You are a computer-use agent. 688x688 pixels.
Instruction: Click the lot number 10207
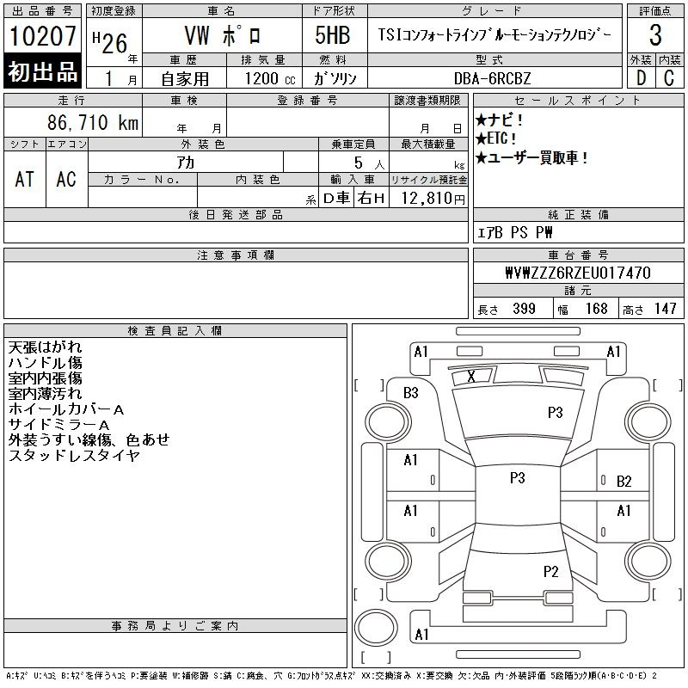[x=42, y=35]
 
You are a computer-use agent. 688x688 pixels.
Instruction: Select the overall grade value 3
[x=655, y=34]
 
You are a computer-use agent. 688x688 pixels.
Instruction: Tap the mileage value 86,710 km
[x=93, y=122]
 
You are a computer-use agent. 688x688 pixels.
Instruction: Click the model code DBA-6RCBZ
[x=492, y=78]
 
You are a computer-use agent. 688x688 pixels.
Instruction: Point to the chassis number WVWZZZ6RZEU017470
[x=578, y=273]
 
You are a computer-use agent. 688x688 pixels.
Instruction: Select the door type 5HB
[x=333, y=35]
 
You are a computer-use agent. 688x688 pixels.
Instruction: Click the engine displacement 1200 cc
[x=270, y=78]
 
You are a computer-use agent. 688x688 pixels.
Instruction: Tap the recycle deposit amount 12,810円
[x=433, y=199]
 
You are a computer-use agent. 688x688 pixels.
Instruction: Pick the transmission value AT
[x=24, y=179]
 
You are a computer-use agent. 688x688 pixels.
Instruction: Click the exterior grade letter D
[x=641, y=78]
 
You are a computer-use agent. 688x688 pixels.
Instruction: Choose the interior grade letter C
[x=669, y=78]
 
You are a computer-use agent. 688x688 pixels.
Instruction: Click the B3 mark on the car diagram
[x=411, y=393]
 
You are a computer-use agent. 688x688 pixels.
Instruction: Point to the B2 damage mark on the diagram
[x=624, y=482]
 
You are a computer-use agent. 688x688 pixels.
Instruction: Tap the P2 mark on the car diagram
[x=550, y=572]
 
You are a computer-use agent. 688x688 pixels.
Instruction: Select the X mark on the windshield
[x=471, y=376]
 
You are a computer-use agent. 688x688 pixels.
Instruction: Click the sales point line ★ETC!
[x=496, y=138]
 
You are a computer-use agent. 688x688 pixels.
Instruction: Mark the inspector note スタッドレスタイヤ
[x=74, y=456]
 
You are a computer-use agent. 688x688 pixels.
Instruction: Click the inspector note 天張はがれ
[x=45, y=347]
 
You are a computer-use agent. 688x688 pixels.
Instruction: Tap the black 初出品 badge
[x=42, y=71]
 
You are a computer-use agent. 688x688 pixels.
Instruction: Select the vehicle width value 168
[x=596, y=309]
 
